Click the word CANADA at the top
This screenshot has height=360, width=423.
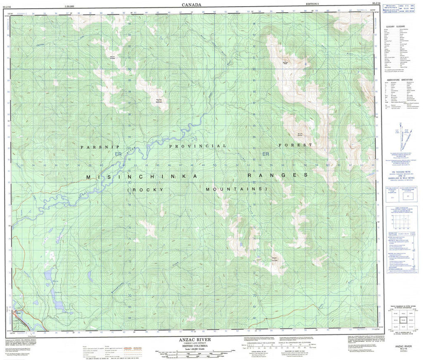tap(192, 5)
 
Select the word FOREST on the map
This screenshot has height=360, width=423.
tap(295, 145)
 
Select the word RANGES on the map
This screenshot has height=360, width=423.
tap(277, 175)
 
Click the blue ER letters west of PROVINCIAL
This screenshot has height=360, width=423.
tap(119, 154)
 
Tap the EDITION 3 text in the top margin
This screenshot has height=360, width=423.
tap(312, 3)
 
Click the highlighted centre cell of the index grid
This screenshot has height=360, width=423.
tap(399, 320)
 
